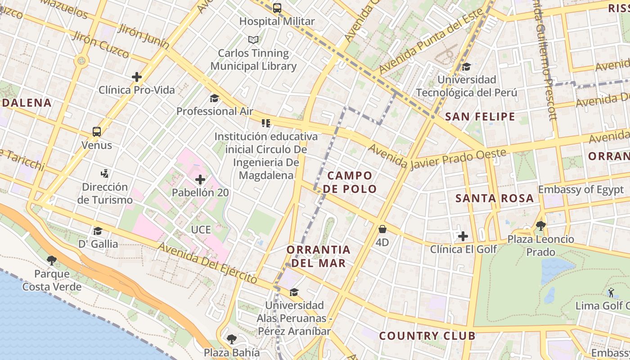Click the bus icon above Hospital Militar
(x=277, y=8)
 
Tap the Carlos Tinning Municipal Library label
(x=253, y=59)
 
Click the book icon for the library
(x=253, y=40)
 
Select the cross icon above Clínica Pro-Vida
(x=137, y=77)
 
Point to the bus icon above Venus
(x=97, y=132)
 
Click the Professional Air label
(x=215, y=111)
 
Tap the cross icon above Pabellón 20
(x=200, y=180)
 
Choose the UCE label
(x=201, y=229)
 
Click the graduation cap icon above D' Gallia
(x=98, y=231)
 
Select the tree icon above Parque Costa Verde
(x=52, y=260)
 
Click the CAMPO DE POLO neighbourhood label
(x=350, y=182)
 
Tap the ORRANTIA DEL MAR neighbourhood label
(x=318, y=256)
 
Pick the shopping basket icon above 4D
(x=382, y=229)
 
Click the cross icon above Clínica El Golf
(x=463, y=236)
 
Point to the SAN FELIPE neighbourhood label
(x=480, y=117)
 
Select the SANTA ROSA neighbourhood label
(x=495, y=198)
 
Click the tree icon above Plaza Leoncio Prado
(x=540, y=225)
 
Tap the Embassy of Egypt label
(x=581, y=189)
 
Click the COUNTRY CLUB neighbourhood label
(x=427, y=336)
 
